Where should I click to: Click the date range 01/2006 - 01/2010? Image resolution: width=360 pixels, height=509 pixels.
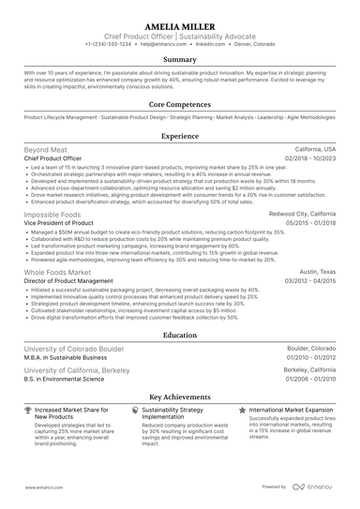(310, 378)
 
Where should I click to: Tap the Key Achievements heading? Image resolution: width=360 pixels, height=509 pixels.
(180, 397)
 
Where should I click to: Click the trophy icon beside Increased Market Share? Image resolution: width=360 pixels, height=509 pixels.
(28, 411)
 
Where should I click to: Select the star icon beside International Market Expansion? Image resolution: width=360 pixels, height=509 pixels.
(243, 411)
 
